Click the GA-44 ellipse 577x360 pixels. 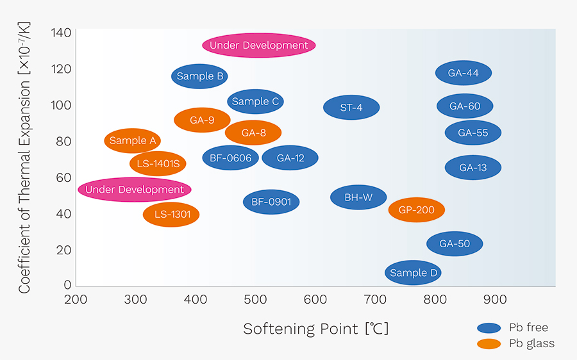(464, 73)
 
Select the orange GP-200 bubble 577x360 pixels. (417, 210)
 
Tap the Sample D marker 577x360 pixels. (414, 273)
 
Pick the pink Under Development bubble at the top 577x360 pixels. (259, 45)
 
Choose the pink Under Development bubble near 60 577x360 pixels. (135, 190)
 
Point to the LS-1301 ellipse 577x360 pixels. (171, 214)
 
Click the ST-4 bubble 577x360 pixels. (351, 108)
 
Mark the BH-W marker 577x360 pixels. (358, 197)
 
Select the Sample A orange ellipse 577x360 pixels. (133, 141)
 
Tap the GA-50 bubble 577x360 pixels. (455, 243)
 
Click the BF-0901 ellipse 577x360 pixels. (271, 202)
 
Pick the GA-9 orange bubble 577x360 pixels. (202, 120)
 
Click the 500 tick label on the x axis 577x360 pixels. (255, 299)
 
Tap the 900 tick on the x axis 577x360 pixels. (494, 299)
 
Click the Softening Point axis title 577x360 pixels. (315, 329)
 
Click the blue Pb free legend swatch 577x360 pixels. (489, 328)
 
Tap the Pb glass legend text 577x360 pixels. (531, 344)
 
